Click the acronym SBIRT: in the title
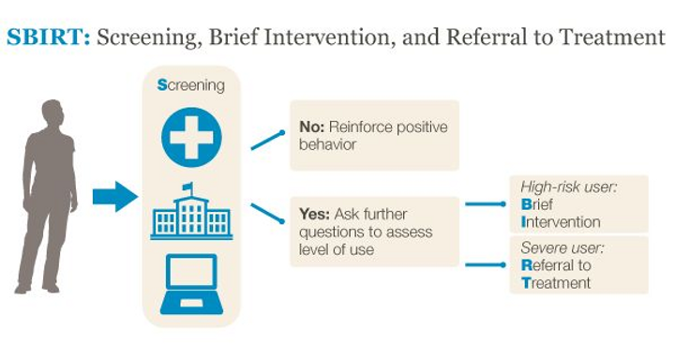coord(48,38)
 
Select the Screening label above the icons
coord(191,85)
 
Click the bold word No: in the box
coord(312,127)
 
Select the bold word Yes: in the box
coord(315,214)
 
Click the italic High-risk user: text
coord(563,187)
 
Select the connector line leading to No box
coord(267,139)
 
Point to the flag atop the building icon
coord(188,186)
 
